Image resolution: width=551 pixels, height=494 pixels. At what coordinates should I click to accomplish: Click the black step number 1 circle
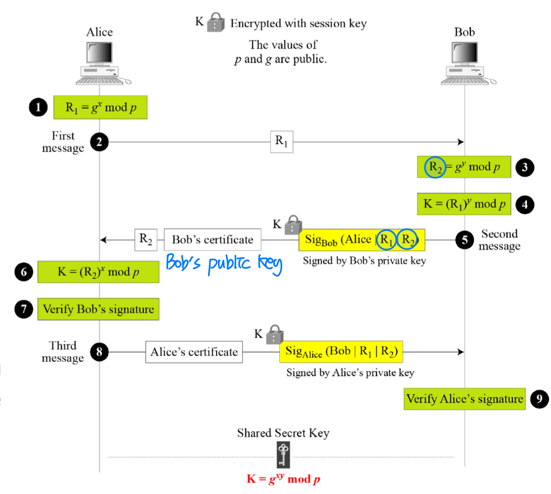38,107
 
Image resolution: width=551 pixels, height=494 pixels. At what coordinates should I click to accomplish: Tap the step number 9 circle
539,398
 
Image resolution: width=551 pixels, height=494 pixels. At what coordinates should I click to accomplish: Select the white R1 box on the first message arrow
281,142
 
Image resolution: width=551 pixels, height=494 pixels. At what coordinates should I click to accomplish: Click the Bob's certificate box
212,240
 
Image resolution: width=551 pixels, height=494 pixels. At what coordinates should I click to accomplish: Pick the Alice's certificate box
194,352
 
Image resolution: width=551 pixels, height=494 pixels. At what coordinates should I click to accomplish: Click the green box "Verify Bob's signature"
98,310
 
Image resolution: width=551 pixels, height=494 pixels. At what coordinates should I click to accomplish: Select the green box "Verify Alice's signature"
465,398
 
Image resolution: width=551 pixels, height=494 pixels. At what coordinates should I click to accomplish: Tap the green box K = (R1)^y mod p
464,204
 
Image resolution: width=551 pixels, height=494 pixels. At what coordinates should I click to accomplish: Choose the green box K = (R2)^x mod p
98,272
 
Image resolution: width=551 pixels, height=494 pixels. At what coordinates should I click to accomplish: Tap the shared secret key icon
283,454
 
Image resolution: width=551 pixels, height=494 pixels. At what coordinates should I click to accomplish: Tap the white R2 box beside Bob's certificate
146,240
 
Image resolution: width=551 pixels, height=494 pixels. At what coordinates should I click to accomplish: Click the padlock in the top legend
215,23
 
